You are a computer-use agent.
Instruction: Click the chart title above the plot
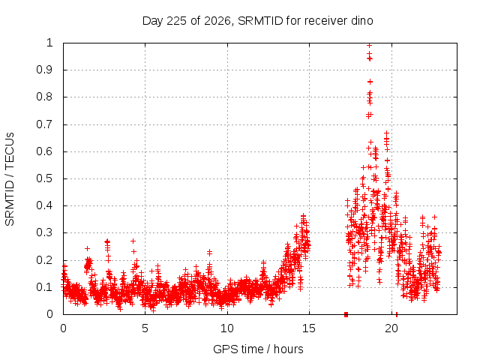258,21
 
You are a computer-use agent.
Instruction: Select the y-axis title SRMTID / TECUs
10,179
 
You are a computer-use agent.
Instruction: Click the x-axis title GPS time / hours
258,349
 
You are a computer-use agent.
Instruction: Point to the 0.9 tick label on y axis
45,70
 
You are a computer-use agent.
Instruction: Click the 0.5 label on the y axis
45,178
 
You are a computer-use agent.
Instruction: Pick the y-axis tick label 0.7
45,124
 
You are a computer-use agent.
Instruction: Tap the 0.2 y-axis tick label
45,260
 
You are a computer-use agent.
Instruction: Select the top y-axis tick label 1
50,43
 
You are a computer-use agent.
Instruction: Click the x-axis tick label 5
145,328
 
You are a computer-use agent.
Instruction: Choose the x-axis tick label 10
227,328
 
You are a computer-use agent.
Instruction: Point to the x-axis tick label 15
309,328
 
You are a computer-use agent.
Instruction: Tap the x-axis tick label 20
391,328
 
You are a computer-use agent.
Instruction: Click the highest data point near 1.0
369,46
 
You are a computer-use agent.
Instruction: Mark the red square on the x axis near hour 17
346,314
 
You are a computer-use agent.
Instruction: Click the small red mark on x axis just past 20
397,315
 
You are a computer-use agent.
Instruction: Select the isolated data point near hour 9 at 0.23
210,252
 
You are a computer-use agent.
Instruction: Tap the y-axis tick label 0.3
45,232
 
